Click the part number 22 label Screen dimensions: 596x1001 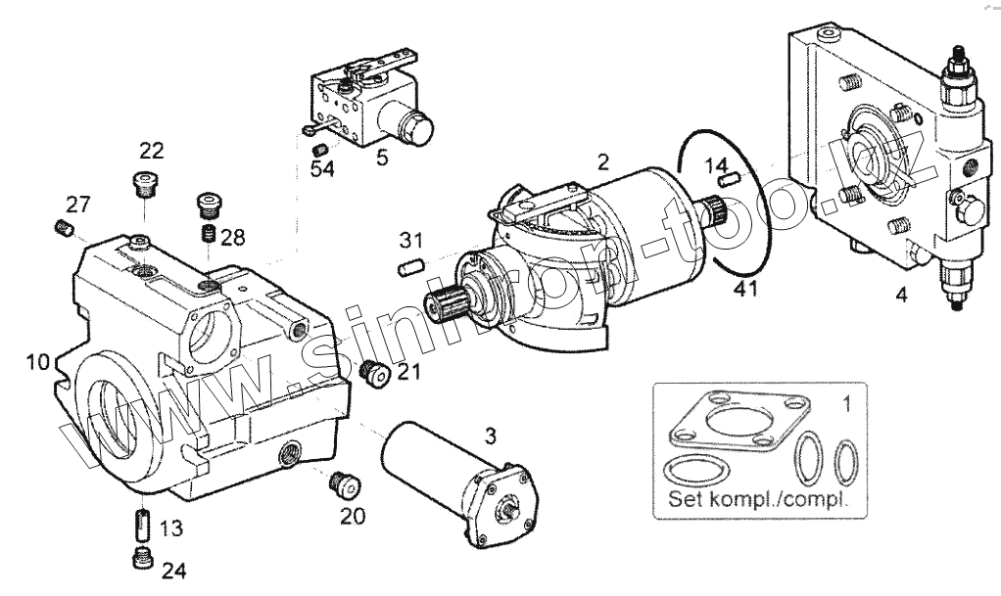151,150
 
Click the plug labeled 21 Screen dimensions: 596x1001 372,372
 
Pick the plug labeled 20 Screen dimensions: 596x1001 343,482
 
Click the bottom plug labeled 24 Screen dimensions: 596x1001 141,559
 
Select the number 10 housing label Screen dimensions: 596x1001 37,362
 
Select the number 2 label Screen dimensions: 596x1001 603,160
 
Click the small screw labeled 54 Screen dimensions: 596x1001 318,149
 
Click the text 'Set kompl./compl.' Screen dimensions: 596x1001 753,497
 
